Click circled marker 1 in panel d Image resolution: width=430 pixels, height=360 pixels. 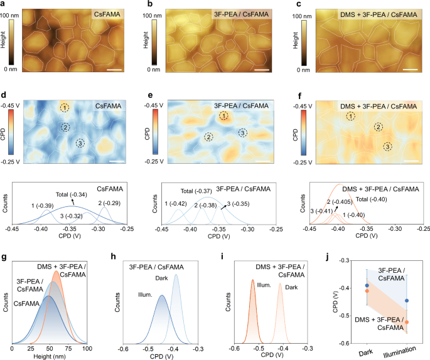click(65, 108)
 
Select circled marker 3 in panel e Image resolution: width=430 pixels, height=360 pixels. click(242, 132)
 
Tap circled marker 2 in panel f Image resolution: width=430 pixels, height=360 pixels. click(378, 127)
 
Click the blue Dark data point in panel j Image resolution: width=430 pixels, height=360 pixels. click(367, 285)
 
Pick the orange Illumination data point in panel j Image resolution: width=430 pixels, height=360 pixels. click(407, 322)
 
